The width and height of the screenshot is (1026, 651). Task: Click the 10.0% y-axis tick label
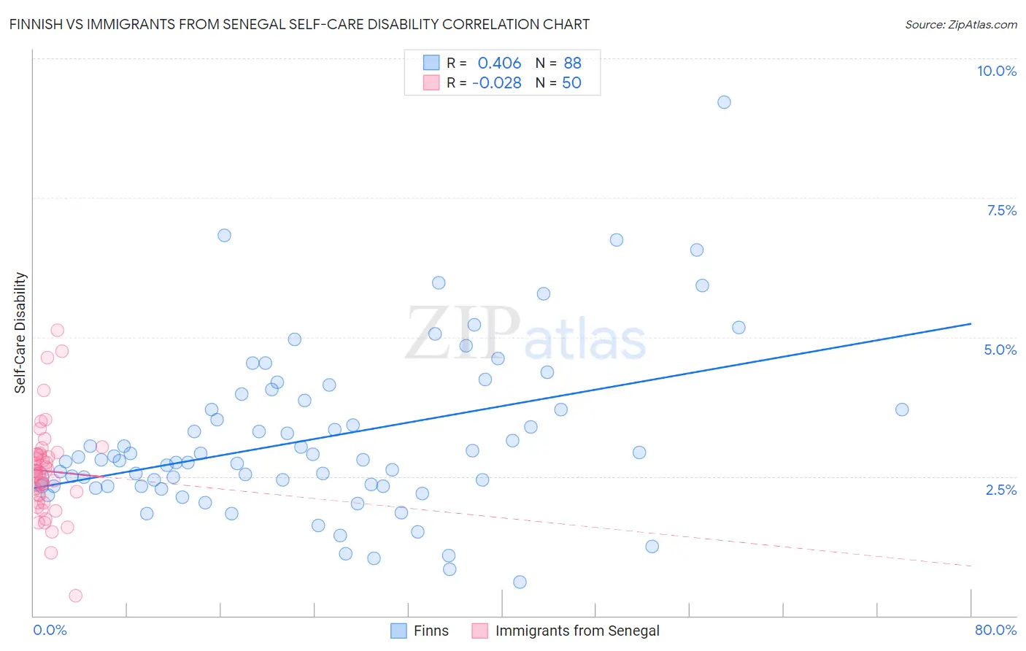pyautogui.click(x=996, y=71)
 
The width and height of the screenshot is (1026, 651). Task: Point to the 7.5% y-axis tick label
pyautogui.click(x=1001, y=210)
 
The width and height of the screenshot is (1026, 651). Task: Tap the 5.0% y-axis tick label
pyautogui.click(x=1000, y=350)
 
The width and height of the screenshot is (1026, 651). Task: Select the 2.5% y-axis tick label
pyautogui.click(x=1000, y=490)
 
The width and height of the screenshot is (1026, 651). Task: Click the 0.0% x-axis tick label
pyautogui.click(x=50, y=630)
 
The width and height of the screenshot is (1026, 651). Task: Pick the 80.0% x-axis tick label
pyautogui.click(x=995, y=630)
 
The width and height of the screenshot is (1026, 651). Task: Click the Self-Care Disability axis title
pyautogui.click(x=20, y=333)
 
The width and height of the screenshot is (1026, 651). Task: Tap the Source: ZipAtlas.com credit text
pyautogui.click(x=960, y=24)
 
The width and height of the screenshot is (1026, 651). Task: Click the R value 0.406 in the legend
pyautogui.click(x=499, y=63)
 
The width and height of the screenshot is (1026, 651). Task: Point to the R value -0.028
pyautogui.click(x=496, y=83)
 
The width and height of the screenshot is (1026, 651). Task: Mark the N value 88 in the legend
pyautogui.click(x=572, y=63)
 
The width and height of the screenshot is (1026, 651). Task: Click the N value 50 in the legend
pyautogui.click(x=571, y=83)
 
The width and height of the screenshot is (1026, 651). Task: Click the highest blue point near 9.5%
pyautogui.click(x=724, y=102)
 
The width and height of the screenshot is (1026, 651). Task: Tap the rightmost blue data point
pyautogui.click(x=902, y=409)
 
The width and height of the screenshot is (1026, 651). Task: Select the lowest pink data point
pyautogui.click(x=75, y=596)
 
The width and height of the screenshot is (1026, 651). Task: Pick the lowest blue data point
pyautogui.click(x=520, y=582)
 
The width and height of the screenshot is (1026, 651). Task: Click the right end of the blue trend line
pyautogui.click(x=971, y=323)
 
